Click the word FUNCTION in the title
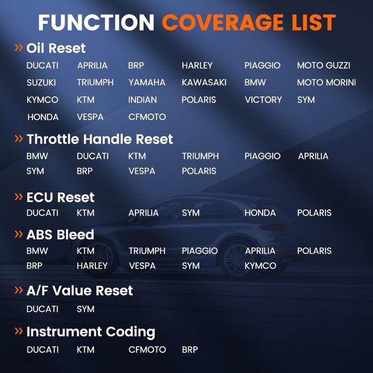[96, 22]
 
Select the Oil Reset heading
[56, 48]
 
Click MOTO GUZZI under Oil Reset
[323, 66]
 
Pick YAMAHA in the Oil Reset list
[147, 83]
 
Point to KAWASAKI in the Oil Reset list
[204, 83]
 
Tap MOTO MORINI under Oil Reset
[326, 83]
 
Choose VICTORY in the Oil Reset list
[263, 100]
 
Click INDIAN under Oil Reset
[142, 100]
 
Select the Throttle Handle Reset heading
[100, 139]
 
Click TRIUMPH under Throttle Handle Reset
[200, 156]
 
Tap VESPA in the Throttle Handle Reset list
[142, 171]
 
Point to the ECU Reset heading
[60, 197]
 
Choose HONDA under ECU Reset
[260, 213]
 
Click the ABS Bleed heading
[60, 234]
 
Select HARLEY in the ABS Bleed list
[92, 266]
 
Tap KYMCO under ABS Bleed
[260, 266]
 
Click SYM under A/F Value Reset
[85, 309]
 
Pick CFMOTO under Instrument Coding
[147, 350]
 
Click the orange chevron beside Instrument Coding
[19, 331]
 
